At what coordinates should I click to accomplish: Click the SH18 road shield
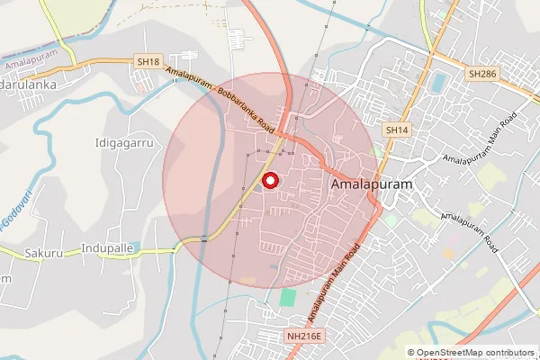point(148,62)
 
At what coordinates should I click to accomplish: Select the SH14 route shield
point(397,130)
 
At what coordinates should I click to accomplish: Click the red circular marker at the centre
point(269,180)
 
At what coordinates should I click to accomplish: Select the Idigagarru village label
point(124,143)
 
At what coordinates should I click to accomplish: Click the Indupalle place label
point(106,247)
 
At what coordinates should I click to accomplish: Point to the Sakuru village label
point(44,253)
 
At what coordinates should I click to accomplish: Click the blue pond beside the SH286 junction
point(438,83)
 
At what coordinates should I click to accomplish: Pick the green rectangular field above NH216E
point(288,297)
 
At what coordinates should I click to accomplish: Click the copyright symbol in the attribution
point(411,353)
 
